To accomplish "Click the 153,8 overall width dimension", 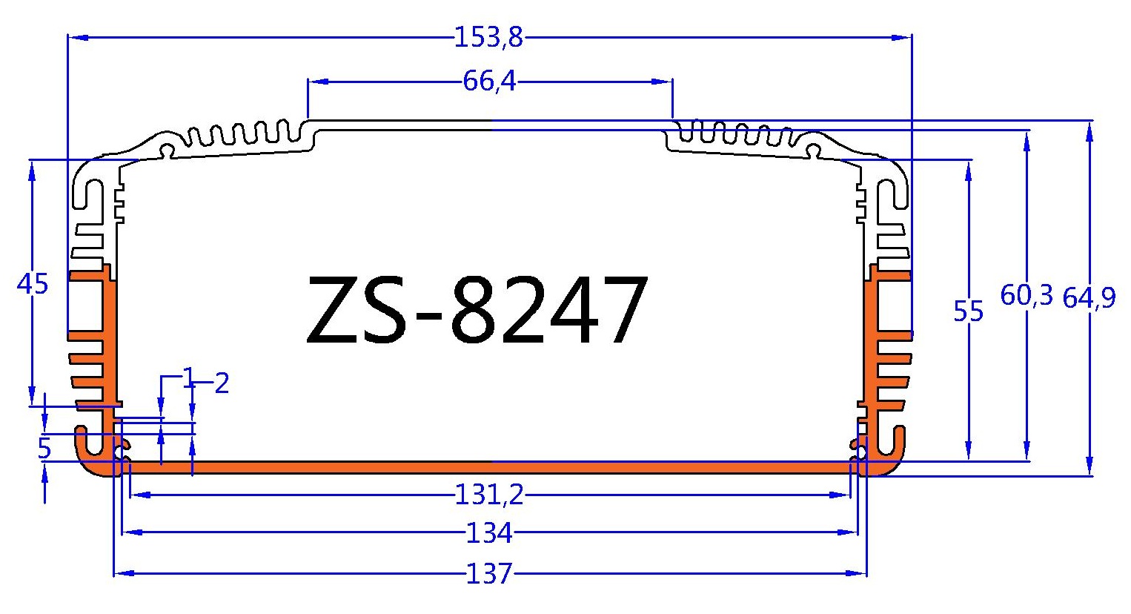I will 488,37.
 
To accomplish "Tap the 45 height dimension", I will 32,284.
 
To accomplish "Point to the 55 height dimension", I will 968,311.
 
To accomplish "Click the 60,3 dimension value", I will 1026,295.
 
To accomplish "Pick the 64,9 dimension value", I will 1088,298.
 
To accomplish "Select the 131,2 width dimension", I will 489,495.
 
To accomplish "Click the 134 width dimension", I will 489,532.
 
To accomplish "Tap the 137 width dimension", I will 489,573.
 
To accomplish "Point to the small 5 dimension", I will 44,449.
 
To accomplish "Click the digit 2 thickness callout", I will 221,384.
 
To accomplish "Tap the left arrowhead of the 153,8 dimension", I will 74,36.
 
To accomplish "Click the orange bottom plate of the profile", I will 489,467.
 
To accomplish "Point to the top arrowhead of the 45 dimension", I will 32,168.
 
